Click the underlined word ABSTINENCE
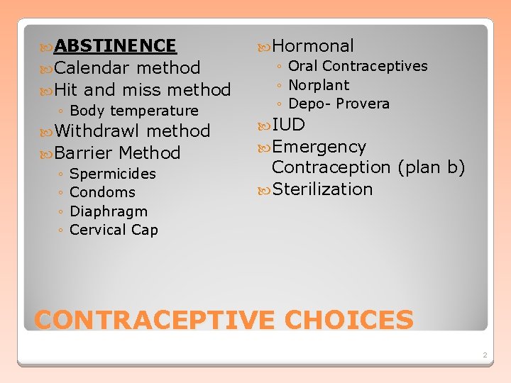[x=115, y=46]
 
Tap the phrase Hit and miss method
[x=142, y=90]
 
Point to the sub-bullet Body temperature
[x=134, y=111]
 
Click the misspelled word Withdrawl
[x=98, y=131]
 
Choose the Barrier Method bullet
[x=117, y=153]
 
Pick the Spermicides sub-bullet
[x=113, y=174]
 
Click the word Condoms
[x=103, y=192]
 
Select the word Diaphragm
[x=109, y=211]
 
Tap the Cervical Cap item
[x=114, y=230]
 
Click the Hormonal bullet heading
[x=312, y=46]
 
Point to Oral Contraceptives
[x=358, y=66]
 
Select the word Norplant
[x=319, y=85]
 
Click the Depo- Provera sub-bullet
[x=339, y=104]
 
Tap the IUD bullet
[x=288, y=126]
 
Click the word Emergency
[x=319, y=147]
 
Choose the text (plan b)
[x=431, y=167]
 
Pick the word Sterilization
[x=322, y=189]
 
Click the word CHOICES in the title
[x=348, y=320]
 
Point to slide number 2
[x=484, y=354]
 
